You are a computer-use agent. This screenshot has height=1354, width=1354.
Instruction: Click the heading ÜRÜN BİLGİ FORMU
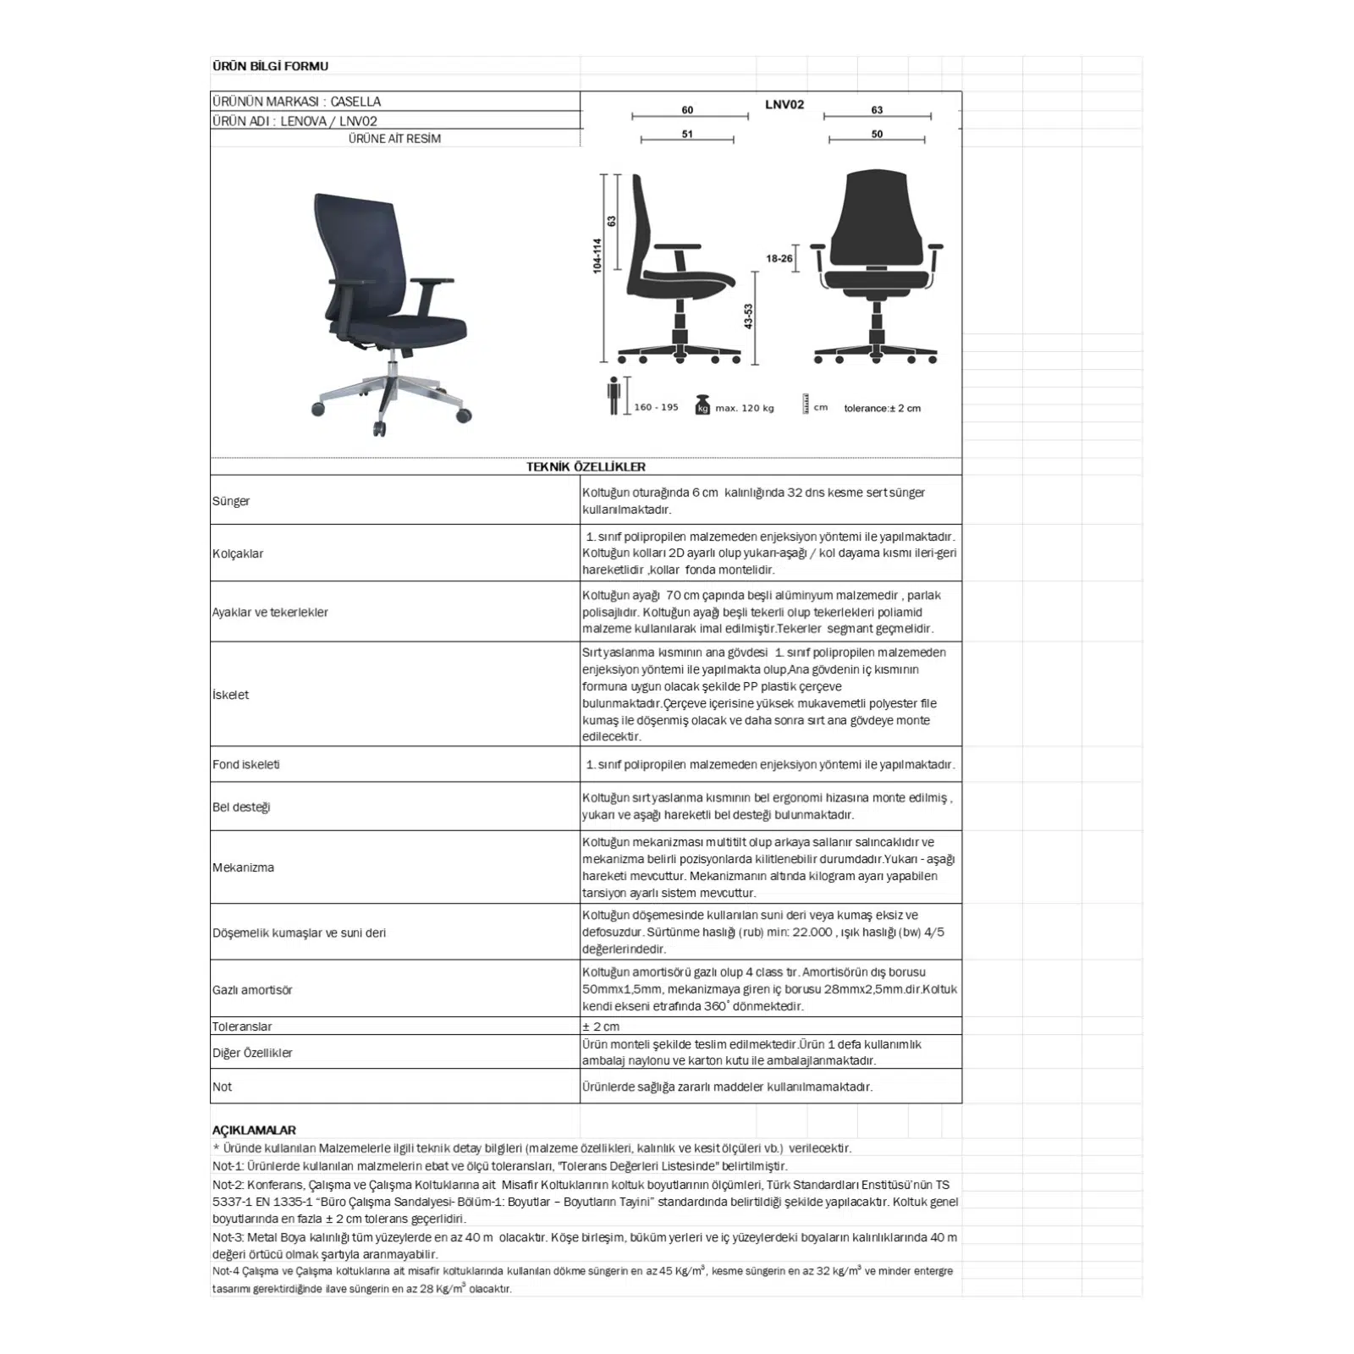[x=270, y=66]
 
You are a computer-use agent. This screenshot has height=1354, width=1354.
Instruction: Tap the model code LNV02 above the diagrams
[x=784, y=105]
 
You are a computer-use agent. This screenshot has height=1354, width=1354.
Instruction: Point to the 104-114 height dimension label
[x=597, y=256]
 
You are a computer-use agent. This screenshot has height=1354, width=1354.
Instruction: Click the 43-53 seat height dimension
[x=748, y=316]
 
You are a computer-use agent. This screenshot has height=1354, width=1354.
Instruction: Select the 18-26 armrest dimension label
[x=779, y=258]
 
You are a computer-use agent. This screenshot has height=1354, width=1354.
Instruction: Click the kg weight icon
[x=702, y=405]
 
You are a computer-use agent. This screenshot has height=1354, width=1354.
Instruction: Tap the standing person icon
[x=614, y=395]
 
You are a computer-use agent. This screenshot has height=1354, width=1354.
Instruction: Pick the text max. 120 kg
[x=745, y=408]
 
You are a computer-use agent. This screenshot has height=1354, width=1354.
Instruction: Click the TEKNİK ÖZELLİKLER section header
[x=586, y=466]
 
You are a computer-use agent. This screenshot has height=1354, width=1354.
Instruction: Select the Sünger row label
[x=231, y=501]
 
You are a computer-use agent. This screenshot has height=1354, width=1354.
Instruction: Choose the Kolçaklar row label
[x=238, y=553]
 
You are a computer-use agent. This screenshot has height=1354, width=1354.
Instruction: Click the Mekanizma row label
[x=243, y=867]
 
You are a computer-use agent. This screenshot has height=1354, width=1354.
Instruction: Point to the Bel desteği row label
[x=241, y=806]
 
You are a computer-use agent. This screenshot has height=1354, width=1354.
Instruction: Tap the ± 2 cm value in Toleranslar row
[x=601, y=1027]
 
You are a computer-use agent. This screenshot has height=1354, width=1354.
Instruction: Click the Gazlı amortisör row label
[x=252, y=989]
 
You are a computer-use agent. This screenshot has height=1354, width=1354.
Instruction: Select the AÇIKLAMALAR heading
[x=254, y=1130]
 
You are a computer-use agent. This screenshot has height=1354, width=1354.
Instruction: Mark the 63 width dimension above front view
[x=877, y=110]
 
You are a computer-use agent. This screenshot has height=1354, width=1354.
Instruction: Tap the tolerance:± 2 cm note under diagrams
[x=882, y=408]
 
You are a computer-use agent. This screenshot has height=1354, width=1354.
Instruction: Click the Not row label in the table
[x=222, y=1087]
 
